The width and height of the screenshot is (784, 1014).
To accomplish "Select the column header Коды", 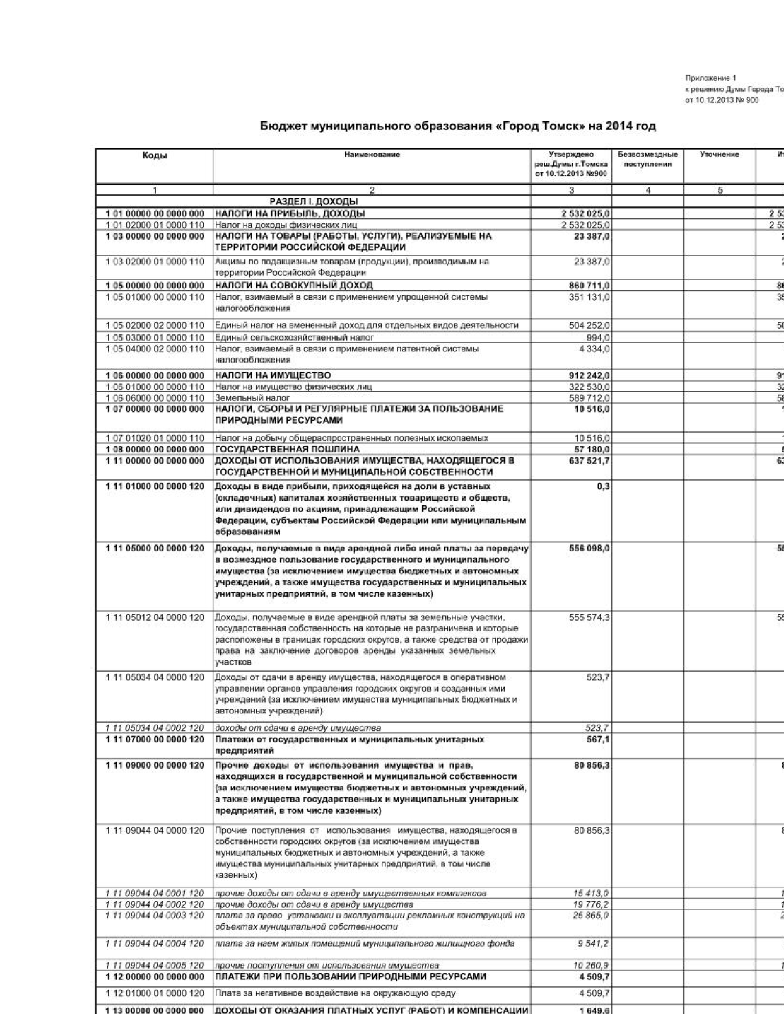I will (154, 155).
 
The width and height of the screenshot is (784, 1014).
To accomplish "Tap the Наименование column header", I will (372, 155).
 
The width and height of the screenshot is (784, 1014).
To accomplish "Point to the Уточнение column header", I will (719, 155).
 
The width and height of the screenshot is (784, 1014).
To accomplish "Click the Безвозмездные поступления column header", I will (647, 159).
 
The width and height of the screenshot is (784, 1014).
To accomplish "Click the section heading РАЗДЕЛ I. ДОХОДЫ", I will (314, 202).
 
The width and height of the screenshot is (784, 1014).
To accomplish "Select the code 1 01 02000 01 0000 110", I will (155, 225).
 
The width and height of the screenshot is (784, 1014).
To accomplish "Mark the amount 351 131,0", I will (591, 297).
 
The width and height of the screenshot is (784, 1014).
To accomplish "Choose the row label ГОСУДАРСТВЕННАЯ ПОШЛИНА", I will (287, 449).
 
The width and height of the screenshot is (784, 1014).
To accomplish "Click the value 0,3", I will (603, 486).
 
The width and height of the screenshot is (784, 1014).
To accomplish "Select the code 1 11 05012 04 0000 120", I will (155, 617).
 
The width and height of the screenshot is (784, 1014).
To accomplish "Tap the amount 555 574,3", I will (590, 617).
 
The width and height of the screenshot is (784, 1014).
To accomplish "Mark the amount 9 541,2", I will (594, 943).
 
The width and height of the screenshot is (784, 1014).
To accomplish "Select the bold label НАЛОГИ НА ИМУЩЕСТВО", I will (272, 375).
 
